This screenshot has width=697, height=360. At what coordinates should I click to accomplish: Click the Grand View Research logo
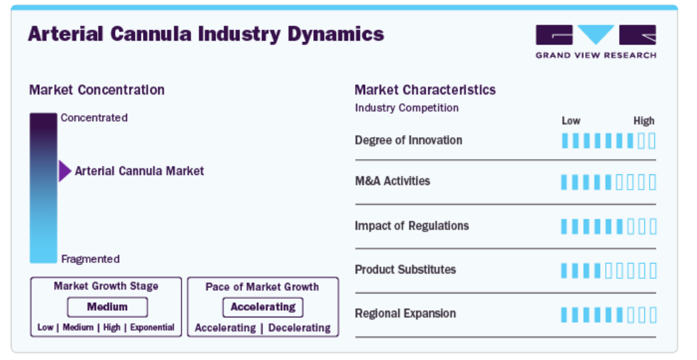(x=596, y=42)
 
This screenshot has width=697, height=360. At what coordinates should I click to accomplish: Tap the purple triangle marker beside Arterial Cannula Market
(x=65, y=171)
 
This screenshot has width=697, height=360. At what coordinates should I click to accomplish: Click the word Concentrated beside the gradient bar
(x=94, y=118)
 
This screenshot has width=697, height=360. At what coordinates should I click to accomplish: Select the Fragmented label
(x=90, y=259)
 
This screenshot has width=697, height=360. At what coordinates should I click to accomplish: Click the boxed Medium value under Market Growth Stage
(x=107, y=307)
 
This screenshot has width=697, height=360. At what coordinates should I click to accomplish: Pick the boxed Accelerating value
(x=263, y=307)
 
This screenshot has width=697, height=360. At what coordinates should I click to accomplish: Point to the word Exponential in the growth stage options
(x=152, y=327)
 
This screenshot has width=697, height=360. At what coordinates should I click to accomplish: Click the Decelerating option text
(x=299, y=328)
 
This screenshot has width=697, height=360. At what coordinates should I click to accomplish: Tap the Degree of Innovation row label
(x=408, y=140)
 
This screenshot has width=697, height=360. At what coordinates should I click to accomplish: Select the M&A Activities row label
(x=392, y=181)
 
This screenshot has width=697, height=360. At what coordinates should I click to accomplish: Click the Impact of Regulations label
(x=412, y=226)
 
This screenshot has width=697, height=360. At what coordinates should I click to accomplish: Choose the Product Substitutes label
(x=406, y=270)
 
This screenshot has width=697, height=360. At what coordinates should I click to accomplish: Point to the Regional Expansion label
(x=406, y=313)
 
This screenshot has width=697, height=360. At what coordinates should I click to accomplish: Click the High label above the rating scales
(x=644, y=121)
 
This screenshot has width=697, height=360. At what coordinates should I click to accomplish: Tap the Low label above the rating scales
(x=571, y=121)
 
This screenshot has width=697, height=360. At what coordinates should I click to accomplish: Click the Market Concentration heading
(x=97, y=90)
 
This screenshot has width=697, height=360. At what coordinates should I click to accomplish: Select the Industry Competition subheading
(x=407, y=108)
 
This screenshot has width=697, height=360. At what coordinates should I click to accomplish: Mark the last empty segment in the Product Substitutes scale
(x=652, y=271)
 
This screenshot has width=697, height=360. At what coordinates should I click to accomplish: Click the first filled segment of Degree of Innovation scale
(x=565, y=140)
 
